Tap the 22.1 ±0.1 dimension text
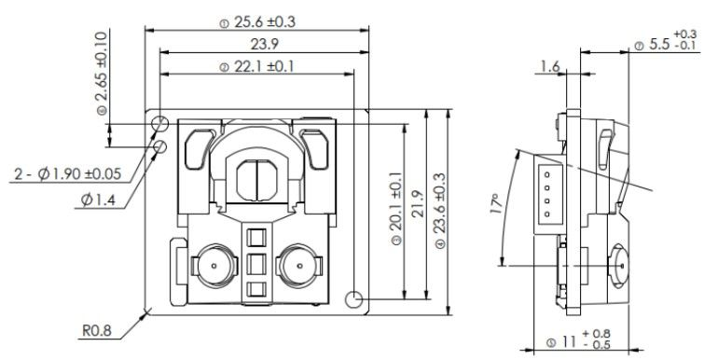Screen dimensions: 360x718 coord(256,66)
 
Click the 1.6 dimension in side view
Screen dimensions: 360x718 coord(549,67)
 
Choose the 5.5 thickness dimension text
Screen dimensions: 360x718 coord(667,44)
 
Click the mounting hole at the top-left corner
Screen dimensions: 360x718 coord(159,123)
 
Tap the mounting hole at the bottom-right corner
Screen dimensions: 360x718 coord(352,299)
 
